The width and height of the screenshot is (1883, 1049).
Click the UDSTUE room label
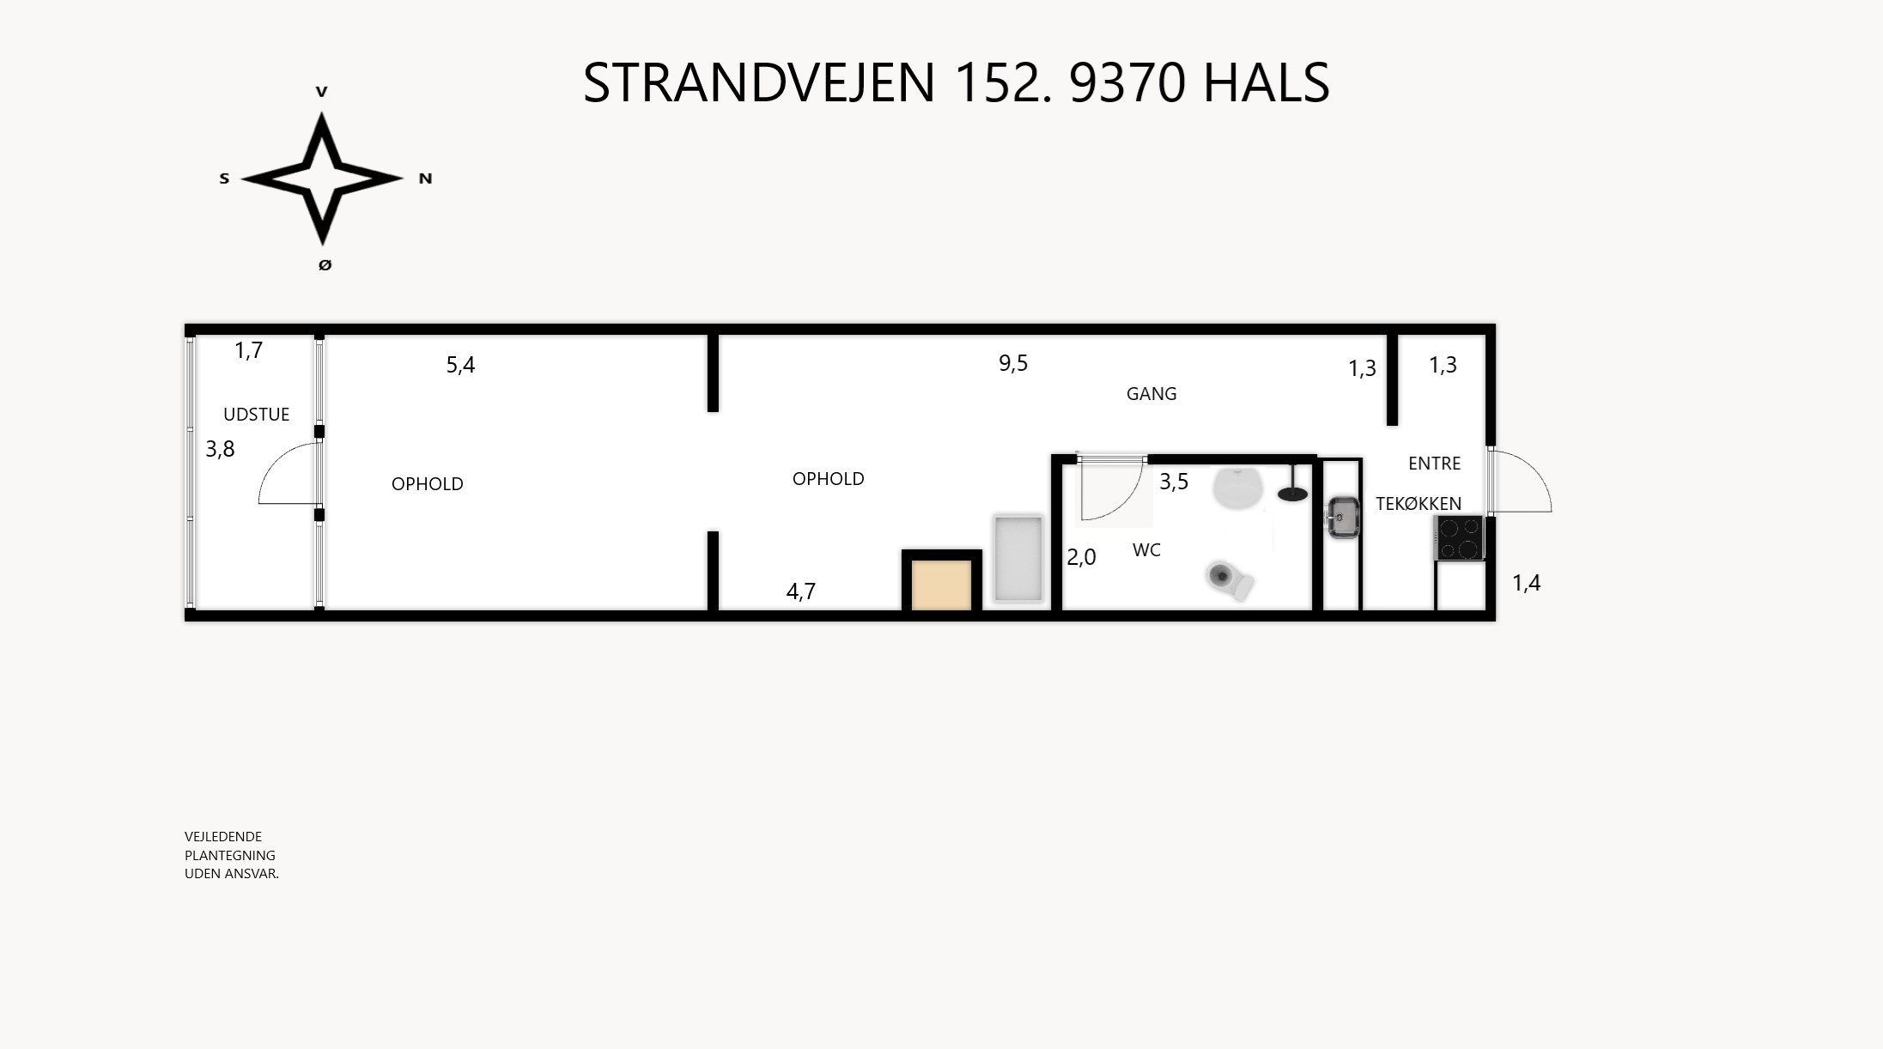click(x=256, y=415)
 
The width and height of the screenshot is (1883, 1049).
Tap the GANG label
click(x=1151, y=394)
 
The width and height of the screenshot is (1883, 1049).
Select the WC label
click(x=1146, y=550)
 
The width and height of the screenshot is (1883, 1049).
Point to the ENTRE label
click(x=1434, y=464)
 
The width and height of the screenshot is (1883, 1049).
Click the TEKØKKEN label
click(x=1418, y=504)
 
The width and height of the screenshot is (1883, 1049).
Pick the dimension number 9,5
click(x=1013, y=363)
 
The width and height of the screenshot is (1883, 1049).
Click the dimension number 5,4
click(x=460, y=365)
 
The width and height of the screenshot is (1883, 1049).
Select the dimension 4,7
click(x=801, y=591)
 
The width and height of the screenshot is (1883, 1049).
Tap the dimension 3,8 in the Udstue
click(x=220, y=449)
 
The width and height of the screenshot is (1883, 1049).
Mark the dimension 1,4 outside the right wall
click(x=1526, y=584)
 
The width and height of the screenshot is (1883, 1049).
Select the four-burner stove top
click(x=1459, y=538)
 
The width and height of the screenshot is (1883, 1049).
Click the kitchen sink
click(x=1342, y=517)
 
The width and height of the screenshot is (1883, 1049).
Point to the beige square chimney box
click(x=941, y=585)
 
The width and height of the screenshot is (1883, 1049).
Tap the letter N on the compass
click(x=425, y=179)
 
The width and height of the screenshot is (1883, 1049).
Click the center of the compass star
click(x=322, y=179)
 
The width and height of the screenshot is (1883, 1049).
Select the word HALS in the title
click(x=1266, y=83)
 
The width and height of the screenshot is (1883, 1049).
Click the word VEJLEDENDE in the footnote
click(x=223, y=837)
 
